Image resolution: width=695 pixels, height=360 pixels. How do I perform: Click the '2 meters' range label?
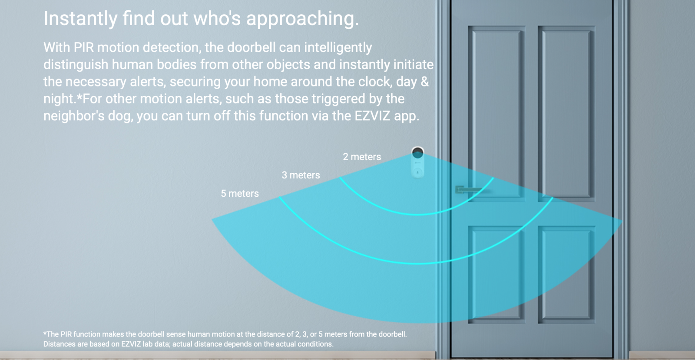(x=362, y=157)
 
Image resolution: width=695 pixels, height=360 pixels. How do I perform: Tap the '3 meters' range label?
(x=301, y=175)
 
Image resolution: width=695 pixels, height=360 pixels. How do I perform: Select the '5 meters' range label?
(x=239, y=194)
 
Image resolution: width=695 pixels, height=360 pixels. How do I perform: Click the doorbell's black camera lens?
(x=417, y=153)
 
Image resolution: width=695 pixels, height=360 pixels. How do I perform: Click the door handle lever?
(x=469, y=189)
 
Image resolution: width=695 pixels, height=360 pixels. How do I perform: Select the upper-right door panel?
(x=566, y=113)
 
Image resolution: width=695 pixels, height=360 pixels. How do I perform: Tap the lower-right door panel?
(x=566, y=274)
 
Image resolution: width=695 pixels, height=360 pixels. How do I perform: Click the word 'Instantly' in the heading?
(x=80, y=19)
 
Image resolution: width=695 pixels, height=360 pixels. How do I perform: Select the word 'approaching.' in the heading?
(x=302, y=19)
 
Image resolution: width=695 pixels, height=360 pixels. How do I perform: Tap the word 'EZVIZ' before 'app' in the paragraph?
(x=372, y=116)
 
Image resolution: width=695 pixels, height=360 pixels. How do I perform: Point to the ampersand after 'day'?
(x=425, y=82)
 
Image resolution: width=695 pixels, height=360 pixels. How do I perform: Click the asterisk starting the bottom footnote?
(x=45, y=334)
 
